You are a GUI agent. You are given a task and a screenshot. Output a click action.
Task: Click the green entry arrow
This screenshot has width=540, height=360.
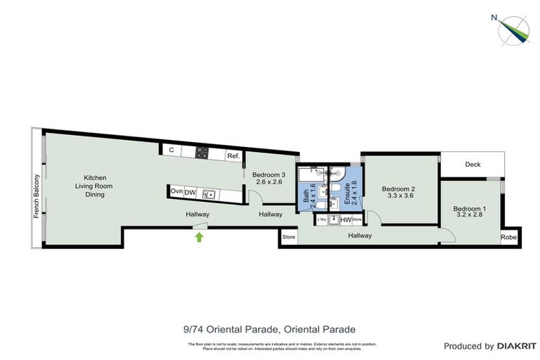199,237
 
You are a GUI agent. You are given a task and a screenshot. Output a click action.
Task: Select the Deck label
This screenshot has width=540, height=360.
472,165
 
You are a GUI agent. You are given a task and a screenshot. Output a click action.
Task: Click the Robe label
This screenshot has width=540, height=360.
508,238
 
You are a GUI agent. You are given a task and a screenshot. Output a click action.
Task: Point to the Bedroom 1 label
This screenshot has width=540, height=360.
468,212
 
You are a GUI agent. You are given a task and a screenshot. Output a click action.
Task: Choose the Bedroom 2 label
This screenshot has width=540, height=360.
399,193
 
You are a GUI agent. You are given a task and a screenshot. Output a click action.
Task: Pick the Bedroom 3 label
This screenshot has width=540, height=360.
269,179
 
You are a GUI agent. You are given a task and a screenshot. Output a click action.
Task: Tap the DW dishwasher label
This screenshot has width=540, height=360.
190,192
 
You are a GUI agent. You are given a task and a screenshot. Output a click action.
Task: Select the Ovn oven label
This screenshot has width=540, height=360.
176,192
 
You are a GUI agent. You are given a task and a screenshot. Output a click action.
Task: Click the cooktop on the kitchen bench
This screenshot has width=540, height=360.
202,151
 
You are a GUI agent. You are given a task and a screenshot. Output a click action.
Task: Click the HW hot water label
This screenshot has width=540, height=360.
345,220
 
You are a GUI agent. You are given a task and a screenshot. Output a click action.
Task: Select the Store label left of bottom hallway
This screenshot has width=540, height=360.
288,238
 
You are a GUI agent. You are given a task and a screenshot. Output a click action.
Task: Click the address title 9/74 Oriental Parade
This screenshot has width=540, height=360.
269,329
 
